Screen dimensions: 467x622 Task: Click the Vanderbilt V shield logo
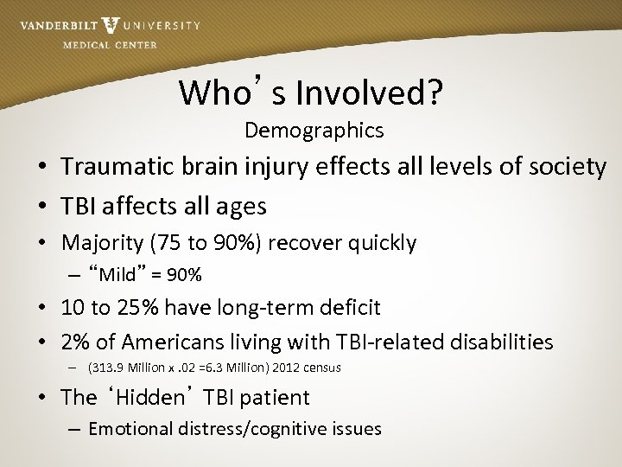[111, 25]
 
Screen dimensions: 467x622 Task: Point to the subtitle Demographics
[314, 131]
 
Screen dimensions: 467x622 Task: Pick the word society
[564, 166]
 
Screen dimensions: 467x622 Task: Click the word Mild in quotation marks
[117, 276]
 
